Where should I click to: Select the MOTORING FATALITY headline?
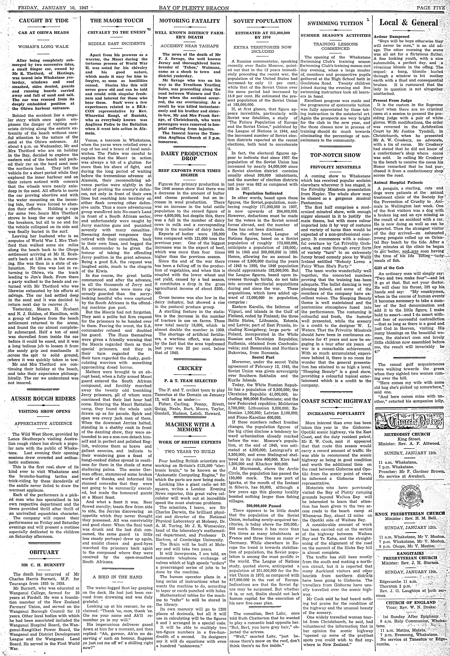189,21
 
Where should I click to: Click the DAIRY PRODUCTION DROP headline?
189,156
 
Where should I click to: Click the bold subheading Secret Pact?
263,357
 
